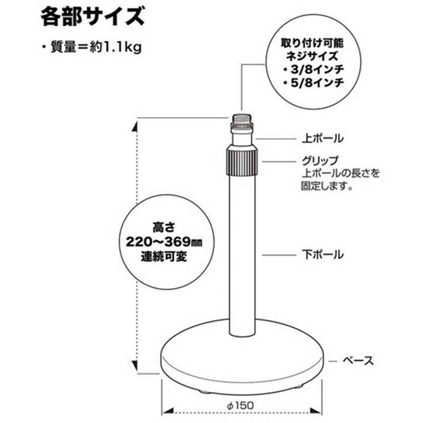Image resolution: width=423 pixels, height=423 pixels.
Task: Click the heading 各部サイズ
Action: [93, 17]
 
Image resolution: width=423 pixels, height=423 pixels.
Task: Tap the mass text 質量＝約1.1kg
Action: [96, 48]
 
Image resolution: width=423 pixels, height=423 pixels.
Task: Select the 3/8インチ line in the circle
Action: [314, 70]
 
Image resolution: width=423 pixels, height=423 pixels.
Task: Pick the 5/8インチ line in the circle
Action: [314, 82]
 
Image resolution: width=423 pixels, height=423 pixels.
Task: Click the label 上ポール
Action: [323, 139]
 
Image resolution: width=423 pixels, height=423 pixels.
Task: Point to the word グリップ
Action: [320, 161]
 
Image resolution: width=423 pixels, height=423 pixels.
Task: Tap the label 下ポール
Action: [323, 254]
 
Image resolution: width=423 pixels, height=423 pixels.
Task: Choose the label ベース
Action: [358, 361]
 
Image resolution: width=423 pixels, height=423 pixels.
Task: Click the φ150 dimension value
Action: [241, 405]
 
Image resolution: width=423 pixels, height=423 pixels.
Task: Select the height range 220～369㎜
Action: [164, 242]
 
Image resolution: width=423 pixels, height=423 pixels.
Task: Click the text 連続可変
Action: [164, 256]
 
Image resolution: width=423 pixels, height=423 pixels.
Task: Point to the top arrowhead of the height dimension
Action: [135, 126]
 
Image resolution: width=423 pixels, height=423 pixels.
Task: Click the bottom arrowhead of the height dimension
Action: [135, 365]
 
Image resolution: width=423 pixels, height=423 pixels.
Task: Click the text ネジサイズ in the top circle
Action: [312, 57]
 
